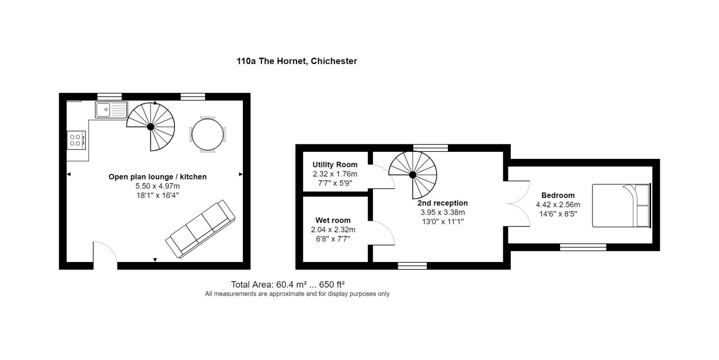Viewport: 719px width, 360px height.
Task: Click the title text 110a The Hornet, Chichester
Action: tap(296, 61)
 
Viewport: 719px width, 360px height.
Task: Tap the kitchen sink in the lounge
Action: tap(111, 110)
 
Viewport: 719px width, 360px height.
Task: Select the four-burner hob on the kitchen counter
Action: tap(76, 140)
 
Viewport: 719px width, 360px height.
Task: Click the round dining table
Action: tap(207, 134)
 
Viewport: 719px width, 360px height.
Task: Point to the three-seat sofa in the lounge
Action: tap(200, 229)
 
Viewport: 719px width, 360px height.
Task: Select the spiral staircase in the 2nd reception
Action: tap(413, 175)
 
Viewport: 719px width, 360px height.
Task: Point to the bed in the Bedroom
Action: tap(621, 205)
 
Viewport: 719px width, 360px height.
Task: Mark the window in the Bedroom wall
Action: tap(583, 247)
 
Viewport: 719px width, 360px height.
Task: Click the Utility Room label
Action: tap(335, 165)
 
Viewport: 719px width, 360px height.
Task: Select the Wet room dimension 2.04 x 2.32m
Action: tap(333, 230)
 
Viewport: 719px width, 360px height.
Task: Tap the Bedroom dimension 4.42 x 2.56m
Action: tap(558, 204)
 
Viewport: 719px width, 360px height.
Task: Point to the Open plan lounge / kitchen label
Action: tap(158, 177)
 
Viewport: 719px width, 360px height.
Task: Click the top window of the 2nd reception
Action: tap(431, 148)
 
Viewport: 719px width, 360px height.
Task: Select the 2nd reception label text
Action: tap(442, 203)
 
